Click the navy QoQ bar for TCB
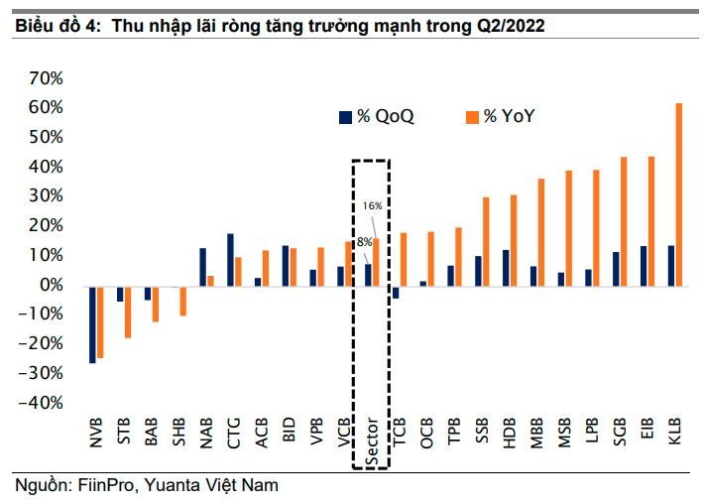(396, 292)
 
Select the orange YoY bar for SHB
(183, 301)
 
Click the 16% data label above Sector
(372, 205)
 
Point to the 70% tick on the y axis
(47, 77)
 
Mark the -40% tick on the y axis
(44, 403)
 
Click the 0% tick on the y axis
(51, 285)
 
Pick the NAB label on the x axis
(206, 428)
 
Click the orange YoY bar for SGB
(624, 221)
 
